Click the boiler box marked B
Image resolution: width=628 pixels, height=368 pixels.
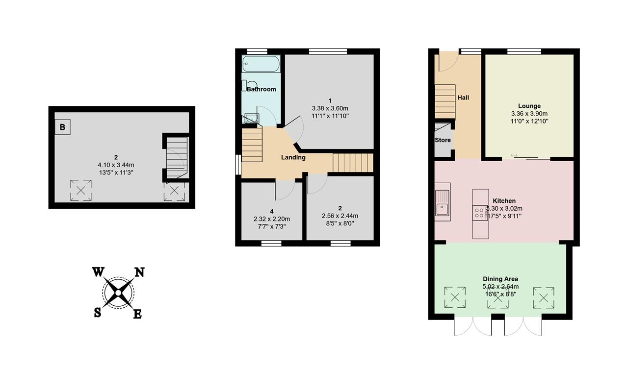tap(62, 127)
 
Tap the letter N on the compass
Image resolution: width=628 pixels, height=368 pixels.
tap(139, 272)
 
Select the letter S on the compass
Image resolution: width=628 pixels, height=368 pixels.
tap(97, 312)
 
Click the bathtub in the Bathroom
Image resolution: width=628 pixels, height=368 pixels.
tap(261, 64)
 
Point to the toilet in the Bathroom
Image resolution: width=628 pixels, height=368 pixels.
tap(250, 85)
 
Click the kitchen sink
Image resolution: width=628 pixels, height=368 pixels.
tap(442, 202)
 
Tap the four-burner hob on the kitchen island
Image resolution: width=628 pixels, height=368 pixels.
tap(480, 213)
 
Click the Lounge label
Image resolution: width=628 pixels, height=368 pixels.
tap(529, 106)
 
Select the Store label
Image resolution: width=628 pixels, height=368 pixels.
tap(443, 140)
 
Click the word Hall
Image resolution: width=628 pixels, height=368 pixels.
tap(463, 98)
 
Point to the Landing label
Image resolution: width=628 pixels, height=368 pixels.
tap(293, 157)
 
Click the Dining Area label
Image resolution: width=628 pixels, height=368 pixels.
tap(500, 279)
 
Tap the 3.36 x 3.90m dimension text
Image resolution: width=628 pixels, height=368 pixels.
tap(529, 114)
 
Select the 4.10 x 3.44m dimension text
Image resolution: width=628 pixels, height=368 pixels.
tap(116, 165)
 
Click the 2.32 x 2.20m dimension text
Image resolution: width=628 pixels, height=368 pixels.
tap(272, 219)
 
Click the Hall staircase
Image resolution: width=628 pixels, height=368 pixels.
tap(445, 101)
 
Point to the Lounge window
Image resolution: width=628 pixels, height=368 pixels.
tap(524, 51)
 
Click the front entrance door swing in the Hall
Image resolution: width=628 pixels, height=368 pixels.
tap(448, 61)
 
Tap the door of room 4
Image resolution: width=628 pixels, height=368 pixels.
tap(285, 190)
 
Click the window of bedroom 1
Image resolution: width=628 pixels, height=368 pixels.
tap(328, 51)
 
